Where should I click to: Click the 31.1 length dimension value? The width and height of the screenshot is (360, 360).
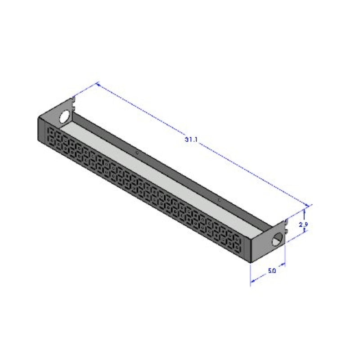191,139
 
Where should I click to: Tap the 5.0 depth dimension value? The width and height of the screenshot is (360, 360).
272,271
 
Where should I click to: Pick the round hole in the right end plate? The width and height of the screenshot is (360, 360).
278,239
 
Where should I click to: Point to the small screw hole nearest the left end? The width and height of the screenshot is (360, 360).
137,153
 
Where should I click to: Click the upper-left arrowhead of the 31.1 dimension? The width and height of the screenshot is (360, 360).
98,85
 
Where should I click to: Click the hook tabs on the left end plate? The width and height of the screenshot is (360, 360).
73,101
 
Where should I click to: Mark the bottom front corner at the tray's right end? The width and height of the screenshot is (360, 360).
249,262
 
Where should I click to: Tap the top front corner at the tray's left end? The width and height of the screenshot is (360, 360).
39,116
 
